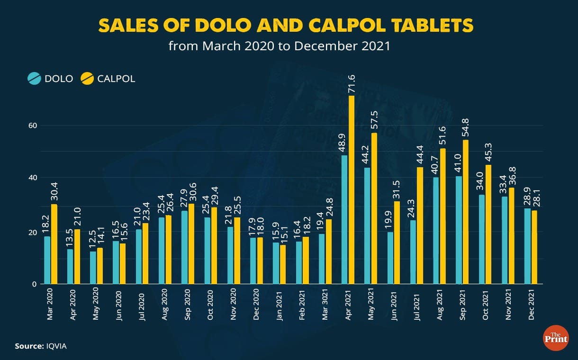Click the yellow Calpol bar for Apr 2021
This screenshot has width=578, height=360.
pos(352,189)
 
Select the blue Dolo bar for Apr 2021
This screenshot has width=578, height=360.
pos(344,220)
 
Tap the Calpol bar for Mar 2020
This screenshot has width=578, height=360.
pos(54,244)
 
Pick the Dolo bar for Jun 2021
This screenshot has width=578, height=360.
pos(390,258)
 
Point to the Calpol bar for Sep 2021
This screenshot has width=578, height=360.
pos(466,212)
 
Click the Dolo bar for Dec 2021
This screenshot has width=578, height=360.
pos(528,246)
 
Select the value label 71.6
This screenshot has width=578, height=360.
pos(352,83)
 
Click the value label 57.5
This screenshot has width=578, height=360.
pos(374,121)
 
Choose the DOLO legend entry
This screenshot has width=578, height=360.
pos(51,79)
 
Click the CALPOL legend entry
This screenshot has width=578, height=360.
pos(108,79)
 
